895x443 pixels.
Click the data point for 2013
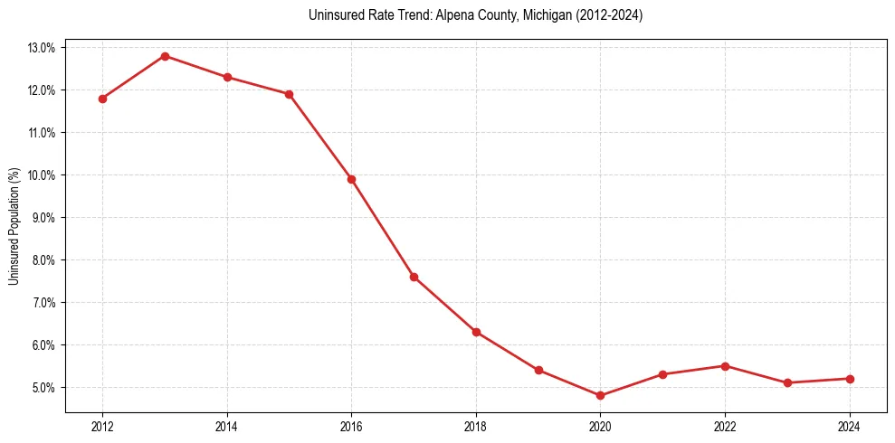[165, 56]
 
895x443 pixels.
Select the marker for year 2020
[600, 396]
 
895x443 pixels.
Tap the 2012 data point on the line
[102, 99]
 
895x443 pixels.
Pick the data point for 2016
[351, 179]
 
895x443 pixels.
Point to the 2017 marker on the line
[414, 277]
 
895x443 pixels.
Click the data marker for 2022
[725, 366]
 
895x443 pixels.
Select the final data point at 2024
[849, 379]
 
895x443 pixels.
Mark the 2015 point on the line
[289, 94]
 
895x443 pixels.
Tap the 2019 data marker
[538, 370]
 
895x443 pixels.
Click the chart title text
[475, 15]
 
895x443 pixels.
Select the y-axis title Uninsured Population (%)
[14, 226]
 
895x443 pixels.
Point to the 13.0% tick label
[42, 47]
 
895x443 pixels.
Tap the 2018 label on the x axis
[476, 427]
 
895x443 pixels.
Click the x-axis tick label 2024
[849, 427]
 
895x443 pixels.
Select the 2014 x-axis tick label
[227, 427]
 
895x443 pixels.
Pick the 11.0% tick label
[42, 133]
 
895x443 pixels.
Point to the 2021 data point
[662, 374]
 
